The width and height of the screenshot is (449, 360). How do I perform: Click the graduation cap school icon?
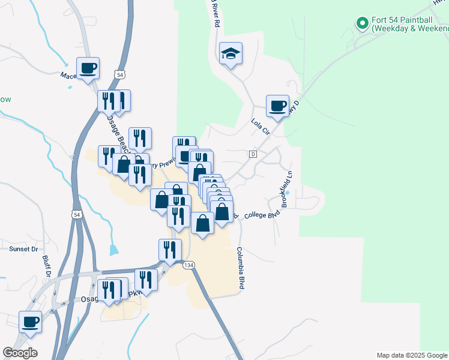click(231, 54)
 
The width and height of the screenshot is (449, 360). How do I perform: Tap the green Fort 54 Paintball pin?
click(362, 24)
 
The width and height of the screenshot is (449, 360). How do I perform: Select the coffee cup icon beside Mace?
click(88, 68)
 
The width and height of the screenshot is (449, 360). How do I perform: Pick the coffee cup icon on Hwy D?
click(278, 106)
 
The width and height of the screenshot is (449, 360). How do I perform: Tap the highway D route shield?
click(253, 155)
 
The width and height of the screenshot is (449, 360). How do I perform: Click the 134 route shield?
click(189, 265)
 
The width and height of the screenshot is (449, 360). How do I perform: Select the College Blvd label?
click(262, 214)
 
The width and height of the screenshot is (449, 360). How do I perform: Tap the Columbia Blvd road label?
click(240, 268)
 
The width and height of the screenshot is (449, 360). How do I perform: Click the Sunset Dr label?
click(23, 248)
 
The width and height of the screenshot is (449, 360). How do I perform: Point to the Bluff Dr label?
click(47, 267)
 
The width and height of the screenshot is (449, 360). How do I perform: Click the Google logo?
click(20, 353)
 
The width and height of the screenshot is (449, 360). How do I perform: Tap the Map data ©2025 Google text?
click(412, 355)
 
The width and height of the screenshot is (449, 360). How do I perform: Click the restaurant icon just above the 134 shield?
click(170, 250)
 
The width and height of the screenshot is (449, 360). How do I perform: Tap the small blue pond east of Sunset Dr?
click(114, 248)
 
